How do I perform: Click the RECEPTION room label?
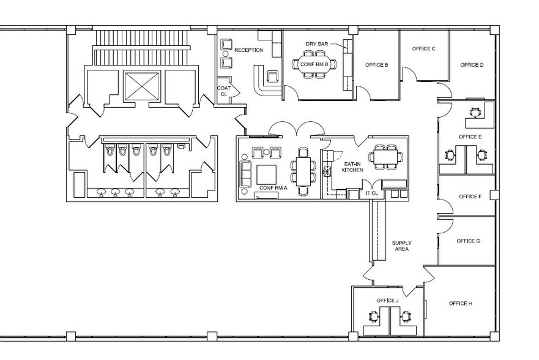pos(250,50)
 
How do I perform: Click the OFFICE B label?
pos(376,64)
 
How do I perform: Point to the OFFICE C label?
pos(423,48)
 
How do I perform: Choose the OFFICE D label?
pos(472,64)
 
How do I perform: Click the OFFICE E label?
pos(470,137)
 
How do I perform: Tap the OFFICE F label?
pos(470,197)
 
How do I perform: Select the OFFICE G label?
pos(469,241)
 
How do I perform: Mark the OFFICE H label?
pos(460,304)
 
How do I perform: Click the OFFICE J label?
pos(387,301)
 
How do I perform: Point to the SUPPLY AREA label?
pos(401,246)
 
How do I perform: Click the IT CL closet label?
pos(372,193)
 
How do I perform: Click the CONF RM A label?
pos(273,187)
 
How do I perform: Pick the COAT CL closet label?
pos(224,91)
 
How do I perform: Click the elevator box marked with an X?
pos(141,86)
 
